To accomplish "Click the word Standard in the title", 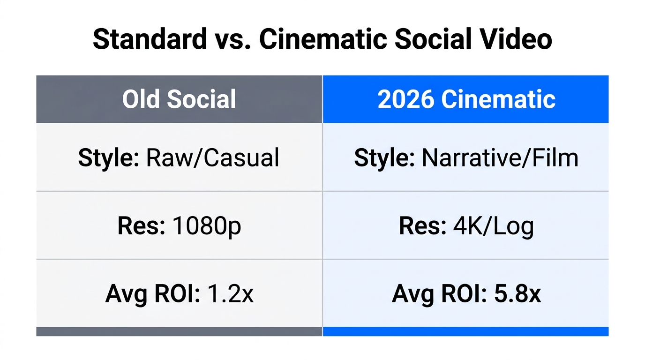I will [x=150, y=39].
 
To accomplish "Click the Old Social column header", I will [x=179, y=99].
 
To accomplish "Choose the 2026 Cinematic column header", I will [x=466, y=99].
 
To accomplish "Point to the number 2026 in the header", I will [x=405, y=99].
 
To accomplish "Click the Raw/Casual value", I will [x=212, y=158].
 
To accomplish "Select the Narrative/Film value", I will [x=500, y=158].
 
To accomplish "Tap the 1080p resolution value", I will [x=207, y=226].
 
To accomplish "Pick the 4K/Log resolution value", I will [x=494, y=226].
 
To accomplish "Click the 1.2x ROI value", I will [x=230, y=294].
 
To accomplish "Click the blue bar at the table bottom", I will [x=465, y=331].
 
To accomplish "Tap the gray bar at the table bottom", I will [x=179, y=331].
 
